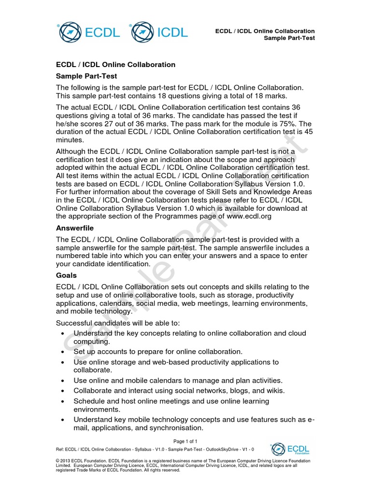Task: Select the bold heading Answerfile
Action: click(x=75, y=228)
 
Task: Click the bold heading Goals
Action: click(x=66, y=275)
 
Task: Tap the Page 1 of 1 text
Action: click(x=185, y=441)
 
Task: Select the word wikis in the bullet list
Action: click(x=273, y=390)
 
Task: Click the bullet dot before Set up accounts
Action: click(x=64, y=352)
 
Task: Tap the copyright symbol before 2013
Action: click(x=58, y=461)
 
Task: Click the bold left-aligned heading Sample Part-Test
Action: click(x=86, y=76)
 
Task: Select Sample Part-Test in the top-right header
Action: click(x=289, y=38)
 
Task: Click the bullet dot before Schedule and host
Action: click(x=64, y=401)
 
